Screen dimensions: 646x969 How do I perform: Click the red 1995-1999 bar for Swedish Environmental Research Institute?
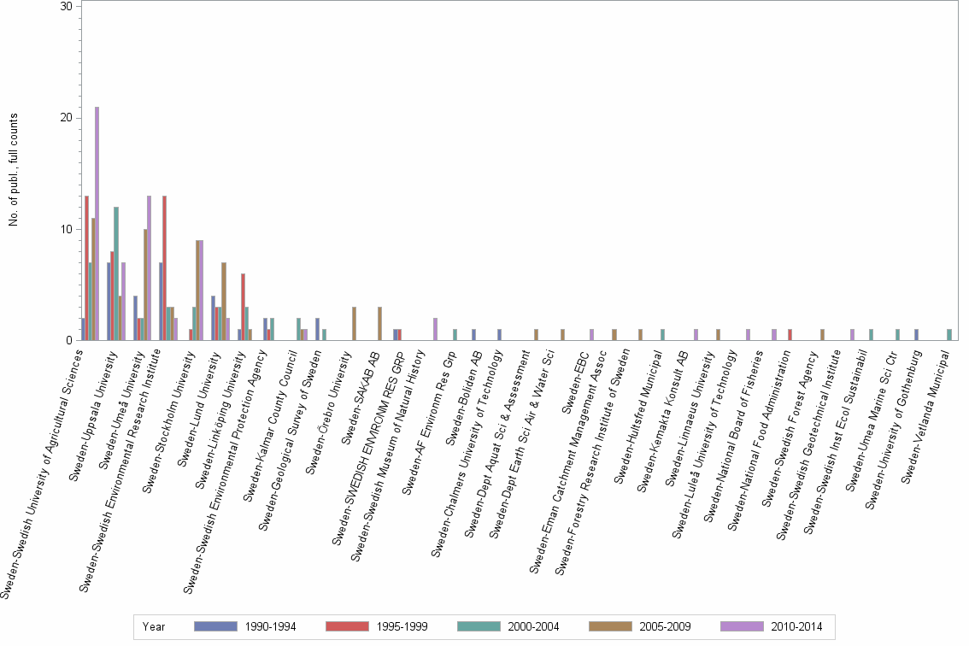164,268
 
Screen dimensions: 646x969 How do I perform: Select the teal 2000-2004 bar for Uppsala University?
116,273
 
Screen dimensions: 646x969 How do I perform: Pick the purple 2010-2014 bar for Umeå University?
149,268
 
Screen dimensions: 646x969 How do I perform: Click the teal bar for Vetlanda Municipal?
949,335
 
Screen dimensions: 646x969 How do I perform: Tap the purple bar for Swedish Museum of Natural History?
435,329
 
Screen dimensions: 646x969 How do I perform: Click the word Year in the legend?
155,627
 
